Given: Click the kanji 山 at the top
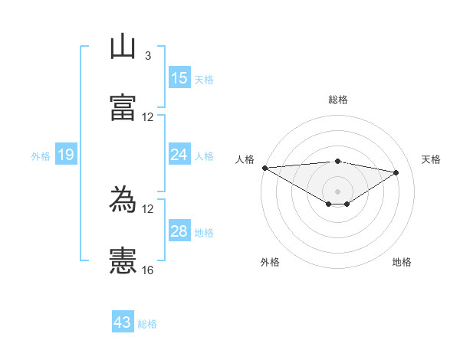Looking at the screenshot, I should point(123,46).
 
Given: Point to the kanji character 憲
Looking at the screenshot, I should point(123,261).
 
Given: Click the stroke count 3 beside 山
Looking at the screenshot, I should point(147,56).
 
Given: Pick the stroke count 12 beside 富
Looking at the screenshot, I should point(148,117).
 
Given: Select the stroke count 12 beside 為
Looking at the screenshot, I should point(148,209).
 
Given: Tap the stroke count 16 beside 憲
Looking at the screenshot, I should point(148,270).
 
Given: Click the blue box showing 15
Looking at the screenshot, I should point(179,77).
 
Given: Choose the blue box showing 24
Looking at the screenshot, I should point(179,155).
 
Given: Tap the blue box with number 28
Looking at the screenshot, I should point(179,231).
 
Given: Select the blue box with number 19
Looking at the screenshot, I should point(66,155).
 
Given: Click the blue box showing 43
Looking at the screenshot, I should point(123,322).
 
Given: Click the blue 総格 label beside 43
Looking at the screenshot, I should point(147,324).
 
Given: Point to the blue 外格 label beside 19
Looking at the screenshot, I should point(41,156).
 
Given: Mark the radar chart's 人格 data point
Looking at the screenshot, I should point(264,168).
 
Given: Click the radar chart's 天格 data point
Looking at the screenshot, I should point(396,172).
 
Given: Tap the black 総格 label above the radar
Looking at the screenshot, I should point(338,100).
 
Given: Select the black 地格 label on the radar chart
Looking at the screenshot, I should point(402,262).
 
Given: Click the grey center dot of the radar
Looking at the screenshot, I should point(337,191).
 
